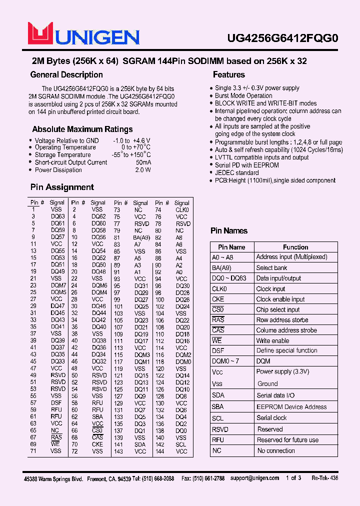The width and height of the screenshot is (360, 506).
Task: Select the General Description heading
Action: (x=66, y=75)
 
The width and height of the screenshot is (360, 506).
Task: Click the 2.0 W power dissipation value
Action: (x=142, y=170)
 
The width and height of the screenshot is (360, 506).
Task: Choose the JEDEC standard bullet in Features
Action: (x=236, y=172)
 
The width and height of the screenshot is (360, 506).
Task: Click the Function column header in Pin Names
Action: (x=295, y=247)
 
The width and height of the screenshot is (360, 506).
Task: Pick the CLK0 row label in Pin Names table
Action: (x=219, y=288)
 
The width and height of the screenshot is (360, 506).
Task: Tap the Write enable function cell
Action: (x=272, y=340)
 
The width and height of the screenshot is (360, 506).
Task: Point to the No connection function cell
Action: (x=276, y=450)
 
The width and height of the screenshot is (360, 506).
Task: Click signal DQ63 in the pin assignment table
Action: (x=57, y=216)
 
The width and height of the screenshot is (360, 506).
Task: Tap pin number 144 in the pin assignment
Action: (x=159, y=451)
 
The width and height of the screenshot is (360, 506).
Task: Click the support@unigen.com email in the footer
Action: (x=254, y=478)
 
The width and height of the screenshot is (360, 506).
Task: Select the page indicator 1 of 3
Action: (x=293, y=478)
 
